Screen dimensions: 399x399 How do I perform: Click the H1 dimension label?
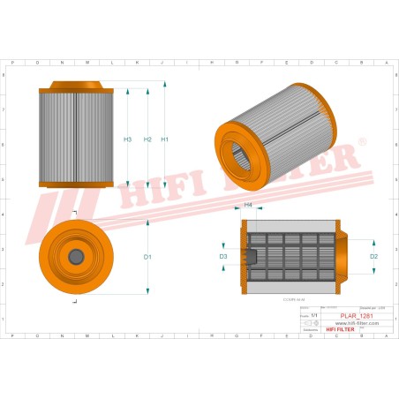(x=165, y=139)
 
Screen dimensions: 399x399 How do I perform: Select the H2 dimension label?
(x=147, y=139)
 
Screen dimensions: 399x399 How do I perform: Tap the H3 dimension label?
(x=128, y=139)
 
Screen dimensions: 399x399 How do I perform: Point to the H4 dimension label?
(x=248, y=205)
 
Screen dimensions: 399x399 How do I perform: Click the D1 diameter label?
(x=148, y=256)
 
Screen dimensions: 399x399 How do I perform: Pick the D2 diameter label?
(x=373, y=256)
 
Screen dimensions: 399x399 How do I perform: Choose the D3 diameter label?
(x=223, y=256)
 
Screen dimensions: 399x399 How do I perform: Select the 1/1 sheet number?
(x=314, y=314)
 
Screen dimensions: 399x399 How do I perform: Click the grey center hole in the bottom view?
(x=76, y=256)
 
